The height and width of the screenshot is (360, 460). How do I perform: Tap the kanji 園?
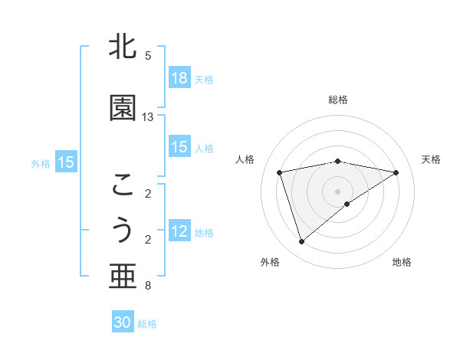[x=123, y=107]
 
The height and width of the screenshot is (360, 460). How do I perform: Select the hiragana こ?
[x=123, y=185]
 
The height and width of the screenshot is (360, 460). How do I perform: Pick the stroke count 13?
[x=149, y=117]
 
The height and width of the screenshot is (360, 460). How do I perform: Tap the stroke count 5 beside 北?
[x=148, y=56]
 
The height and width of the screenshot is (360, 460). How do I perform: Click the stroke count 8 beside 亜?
[x=148, y=286]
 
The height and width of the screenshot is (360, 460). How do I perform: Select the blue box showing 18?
[x=179, y=77]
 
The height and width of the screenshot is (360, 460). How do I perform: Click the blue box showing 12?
[x=179, y=231]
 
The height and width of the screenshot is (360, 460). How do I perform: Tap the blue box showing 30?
[x=123, y=322]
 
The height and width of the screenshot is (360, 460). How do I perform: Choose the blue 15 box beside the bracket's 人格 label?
[x=179, y=147]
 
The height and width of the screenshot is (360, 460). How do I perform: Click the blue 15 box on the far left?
[x=66, y=162]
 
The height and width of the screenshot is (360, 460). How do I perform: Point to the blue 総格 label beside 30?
[x=147, y=324]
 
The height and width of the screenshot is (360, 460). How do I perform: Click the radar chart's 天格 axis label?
[x=431, y=159]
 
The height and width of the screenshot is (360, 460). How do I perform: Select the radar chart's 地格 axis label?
[x=402, y=262]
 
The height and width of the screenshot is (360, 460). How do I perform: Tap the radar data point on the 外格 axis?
[x=301, y=242]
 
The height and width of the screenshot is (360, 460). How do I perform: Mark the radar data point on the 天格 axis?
[x=396, y=172]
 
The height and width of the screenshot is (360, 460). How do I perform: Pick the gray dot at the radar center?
[x=337, y=191]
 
